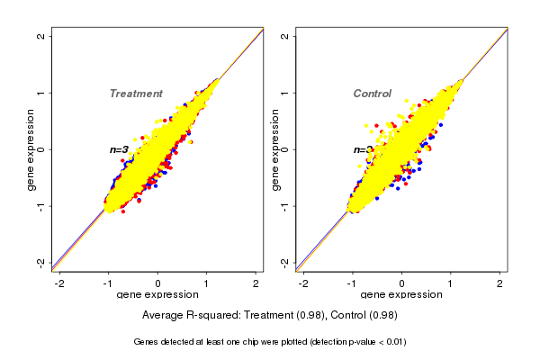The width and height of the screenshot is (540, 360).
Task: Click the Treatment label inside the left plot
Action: (x=136, y=94)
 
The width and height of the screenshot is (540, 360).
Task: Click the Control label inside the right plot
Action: (x=372, y=94)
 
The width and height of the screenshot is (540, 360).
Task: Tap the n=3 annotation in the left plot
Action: (x=119, y=149)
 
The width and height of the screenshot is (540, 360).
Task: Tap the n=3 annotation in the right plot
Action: (x=362, y=150)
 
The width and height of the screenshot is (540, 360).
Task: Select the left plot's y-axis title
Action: (x=31, y=149)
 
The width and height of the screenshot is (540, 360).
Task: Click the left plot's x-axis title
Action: (x=157, y=295)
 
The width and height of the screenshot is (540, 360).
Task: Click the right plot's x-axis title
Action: (x=402, y=295)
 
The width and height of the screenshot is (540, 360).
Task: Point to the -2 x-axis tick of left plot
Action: (x=59, y=283)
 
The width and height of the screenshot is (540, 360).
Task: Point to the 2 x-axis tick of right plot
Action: (x=500, y=283)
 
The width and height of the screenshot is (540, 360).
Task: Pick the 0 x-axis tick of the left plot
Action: (x=158, y=283)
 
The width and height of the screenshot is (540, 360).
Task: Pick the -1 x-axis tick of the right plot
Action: (x=353, y=283)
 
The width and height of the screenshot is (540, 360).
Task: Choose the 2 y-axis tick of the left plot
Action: (x=41, y=36)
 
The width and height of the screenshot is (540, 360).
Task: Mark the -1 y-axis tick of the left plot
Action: (x=41, y=206)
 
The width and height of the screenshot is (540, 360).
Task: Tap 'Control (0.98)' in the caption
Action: (x=364, y=315)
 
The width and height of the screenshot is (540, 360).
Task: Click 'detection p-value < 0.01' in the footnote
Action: (x=354, y=342)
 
